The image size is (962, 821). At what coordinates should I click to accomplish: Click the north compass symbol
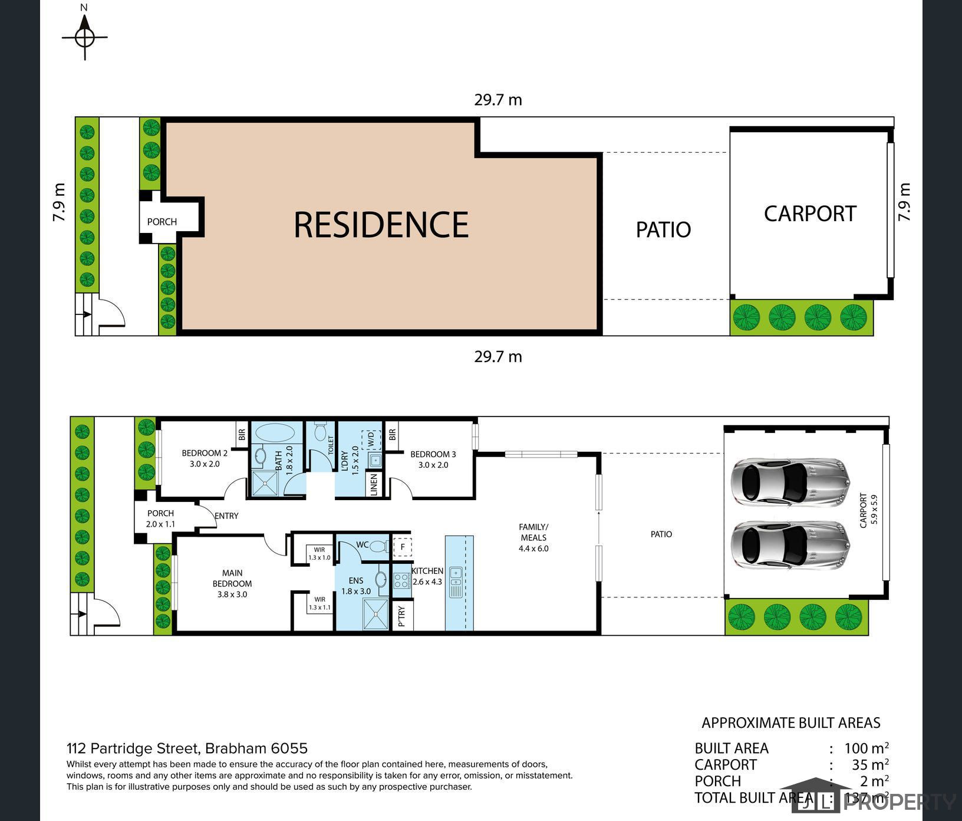[85, 37]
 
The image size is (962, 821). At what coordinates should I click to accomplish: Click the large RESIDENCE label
[381, 225]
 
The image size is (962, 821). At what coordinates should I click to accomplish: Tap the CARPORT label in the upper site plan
[809, 214]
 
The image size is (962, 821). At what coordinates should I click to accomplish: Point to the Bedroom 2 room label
[205, 458]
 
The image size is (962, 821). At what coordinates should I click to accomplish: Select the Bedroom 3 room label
[433, 459]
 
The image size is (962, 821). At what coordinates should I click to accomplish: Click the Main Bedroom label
[232, 583]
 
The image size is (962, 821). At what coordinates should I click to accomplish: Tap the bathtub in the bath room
[276, 432]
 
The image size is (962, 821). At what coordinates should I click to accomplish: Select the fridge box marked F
[403, 547]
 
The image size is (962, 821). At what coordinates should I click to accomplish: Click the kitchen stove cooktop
[401, 581]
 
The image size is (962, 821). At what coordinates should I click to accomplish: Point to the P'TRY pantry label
[402, 616]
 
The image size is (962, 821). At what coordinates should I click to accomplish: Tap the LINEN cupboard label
[374, 485]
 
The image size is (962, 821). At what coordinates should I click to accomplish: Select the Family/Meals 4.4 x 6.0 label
[533, 537]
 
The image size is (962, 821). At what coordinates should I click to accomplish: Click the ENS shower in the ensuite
[375, 615]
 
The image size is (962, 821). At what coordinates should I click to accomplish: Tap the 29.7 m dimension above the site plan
[498, 100]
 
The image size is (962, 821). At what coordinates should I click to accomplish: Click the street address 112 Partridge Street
[187, 748]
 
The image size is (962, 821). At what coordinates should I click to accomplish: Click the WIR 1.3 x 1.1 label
[319, 603]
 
